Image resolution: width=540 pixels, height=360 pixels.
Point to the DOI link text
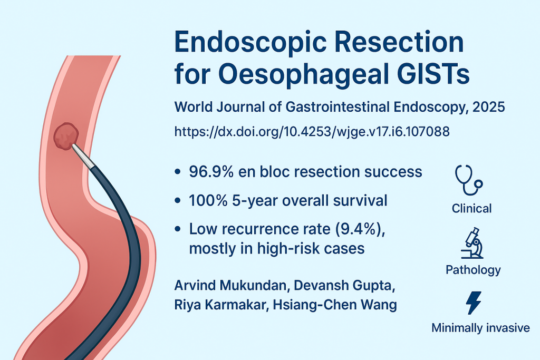click(312, 131)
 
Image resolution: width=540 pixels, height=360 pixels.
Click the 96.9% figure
click(211, 171)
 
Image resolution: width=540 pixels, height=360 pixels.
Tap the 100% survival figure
click(208, 200)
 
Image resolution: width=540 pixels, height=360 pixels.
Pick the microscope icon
click(472, 243)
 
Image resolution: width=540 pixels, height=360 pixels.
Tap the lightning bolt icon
click(474, 303)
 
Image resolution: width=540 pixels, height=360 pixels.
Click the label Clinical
click(471, 209)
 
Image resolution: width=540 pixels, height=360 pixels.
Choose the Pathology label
click(473, 270)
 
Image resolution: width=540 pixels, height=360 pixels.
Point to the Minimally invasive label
click(480, 328)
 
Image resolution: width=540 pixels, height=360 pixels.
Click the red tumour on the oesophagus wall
click(66, 137)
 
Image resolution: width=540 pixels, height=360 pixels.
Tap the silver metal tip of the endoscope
click(83, 157)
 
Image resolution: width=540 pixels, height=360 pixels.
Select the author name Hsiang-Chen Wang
click(335, 305)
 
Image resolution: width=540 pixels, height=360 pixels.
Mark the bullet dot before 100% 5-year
click(178, 201)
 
